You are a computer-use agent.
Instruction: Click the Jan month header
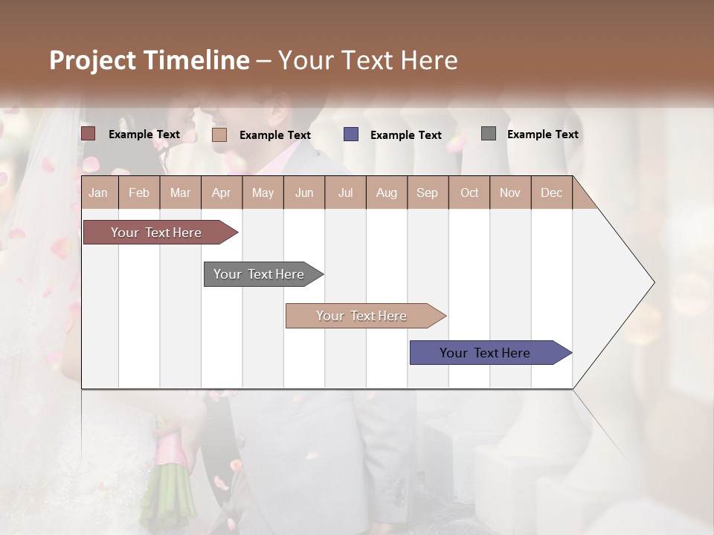click(98, 192)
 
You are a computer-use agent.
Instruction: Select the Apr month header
click(221, 192)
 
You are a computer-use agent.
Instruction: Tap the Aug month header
click(386, 192)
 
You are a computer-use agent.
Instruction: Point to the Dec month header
click(551, 192)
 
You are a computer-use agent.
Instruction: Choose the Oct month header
click(469, 192)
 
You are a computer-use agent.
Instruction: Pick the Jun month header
click(303, 192)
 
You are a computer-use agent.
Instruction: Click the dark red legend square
click(88, 134)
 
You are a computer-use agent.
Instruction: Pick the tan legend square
click(219, 134)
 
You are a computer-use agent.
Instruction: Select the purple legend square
click(350, 134)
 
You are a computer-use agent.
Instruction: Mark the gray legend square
click(489, 134)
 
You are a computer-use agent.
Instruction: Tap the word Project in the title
click(93, 60)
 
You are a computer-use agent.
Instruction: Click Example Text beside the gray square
click(542, 134)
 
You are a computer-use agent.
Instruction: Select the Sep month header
click(427, 192)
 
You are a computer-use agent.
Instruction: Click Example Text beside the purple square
click(405, 134)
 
